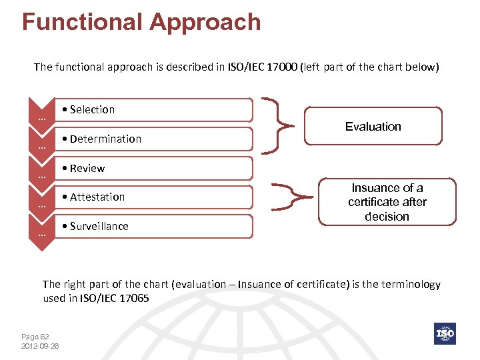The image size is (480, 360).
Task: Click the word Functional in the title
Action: point(82,22)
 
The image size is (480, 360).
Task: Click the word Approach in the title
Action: point(205,22)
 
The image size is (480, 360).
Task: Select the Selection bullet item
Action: point(93,110)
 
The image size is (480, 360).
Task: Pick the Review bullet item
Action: point(87,168)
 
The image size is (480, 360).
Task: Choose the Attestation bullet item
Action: point(97,197)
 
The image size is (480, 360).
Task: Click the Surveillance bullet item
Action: point(99,226)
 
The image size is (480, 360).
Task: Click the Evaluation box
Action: point(373,126)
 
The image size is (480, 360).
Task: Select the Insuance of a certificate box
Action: point(387,202)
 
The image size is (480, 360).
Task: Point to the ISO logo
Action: point(445,333)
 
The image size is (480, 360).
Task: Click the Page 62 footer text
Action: point(35,337)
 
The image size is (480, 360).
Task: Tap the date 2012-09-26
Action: point(40,346)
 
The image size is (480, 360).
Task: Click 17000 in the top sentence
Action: point(282,67)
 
